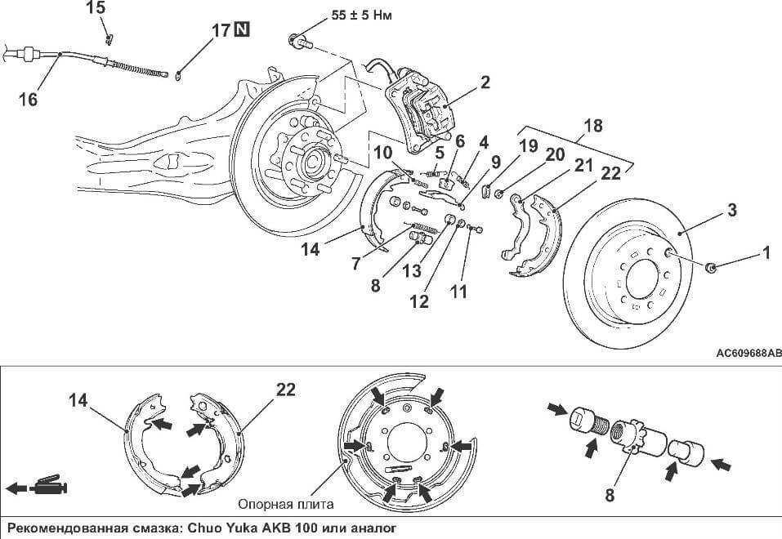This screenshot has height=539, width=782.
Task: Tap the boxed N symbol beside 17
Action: pyautogui.click(x=242, y=32)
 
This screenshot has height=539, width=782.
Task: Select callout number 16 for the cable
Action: pyautogui.click(x=28, y=99)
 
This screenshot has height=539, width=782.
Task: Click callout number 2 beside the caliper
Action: pyautogui.click(x=485, y=82)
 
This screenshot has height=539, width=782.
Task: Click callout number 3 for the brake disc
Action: pyautogui.click(x=732, y=210)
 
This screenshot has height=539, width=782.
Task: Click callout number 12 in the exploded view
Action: pyautogui.click(x=419, y=301)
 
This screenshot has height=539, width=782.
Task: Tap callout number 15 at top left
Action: pyautogui.click(x=96, y=8)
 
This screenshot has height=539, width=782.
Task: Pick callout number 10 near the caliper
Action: pyautogui.click(x=383, y=154)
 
